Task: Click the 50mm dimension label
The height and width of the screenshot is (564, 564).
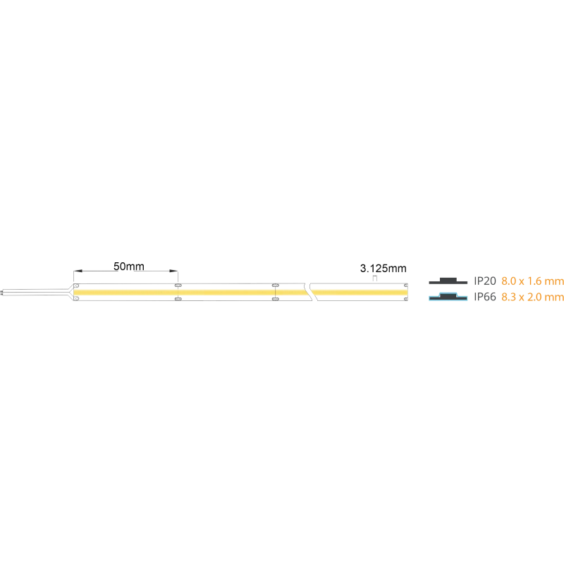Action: [129, 266]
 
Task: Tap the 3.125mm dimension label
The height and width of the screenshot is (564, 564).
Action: [383, 269]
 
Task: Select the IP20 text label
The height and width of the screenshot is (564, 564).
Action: [485, 281]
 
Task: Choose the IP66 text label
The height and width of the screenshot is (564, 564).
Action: [485, 297]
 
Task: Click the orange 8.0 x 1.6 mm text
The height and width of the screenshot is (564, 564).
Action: [532, 281]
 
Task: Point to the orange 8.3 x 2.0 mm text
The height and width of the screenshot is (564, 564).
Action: [532, 297]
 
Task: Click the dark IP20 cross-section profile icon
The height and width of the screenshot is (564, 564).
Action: [448, 281]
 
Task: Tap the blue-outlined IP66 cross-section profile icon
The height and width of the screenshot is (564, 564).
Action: [448, 297]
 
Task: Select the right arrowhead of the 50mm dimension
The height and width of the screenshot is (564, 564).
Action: [173, 271]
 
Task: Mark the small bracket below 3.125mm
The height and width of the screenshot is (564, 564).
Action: [375, 278]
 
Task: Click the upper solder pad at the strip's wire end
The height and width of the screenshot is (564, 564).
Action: [76, 286]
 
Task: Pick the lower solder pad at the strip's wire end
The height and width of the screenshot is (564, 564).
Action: [76, 298]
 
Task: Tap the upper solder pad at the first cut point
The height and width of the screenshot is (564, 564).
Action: [178, 286]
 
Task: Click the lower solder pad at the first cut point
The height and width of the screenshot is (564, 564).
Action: [178, 299]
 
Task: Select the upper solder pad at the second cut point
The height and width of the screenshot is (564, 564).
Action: [275, 286]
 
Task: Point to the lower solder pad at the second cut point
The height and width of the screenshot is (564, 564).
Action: [275, 299]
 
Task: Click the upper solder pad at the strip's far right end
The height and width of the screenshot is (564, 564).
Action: [406, 286]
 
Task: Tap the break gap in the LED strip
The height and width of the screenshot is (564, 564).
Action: [310, 292]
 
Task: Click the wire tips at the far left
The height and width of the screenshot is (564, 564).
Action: [1, 292]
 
